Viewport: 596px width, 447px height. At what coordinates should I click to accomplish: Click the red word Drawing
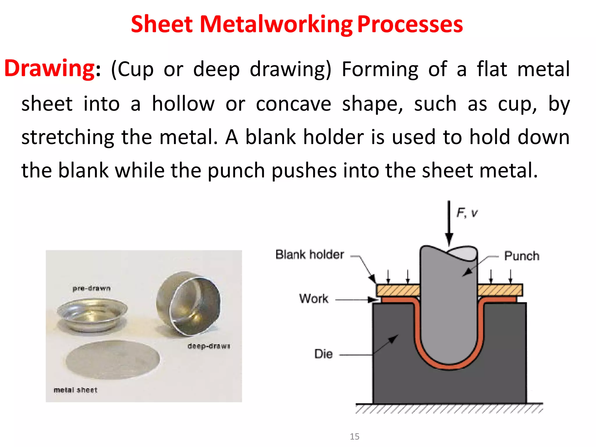coord(49,69)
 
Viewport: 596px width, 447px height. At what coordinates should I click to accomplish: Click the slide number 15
coord(354,437)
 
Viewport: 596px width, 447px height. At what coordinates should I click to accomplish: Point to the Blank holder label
coord(310,255)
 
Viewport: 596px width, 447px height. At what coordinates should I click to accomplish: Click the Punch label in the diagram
coord(521,256)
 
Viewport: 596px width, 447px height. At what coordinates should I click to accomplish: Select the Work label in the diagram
coord(314,299)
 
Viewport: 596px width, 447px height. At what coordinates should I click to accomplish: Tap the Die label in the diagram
coord(323,354)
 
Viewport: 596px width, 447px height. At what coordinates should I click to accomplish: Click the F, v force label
coord(467,213)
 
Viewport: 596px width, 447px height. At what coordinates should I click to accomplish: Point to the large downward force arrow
coord(449,224)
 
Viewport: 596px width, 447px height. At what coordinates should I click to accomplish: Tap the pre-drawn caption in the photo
coord(91,288)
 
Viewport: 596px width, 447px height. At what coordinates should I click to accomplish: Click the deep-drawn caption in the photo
coord(209,346)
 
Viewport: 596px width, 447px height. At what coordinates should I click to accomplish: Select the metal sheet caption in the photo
coord(75,390)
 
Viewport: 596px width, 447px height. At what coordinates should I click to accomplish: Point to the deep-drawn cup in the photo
coord(189,304)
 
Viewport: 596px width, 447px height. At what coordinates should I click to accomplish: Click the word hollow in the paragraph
coord(183,104)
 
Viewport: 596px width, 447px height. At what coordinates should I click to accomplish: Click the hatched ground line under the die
coord(449,408)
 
